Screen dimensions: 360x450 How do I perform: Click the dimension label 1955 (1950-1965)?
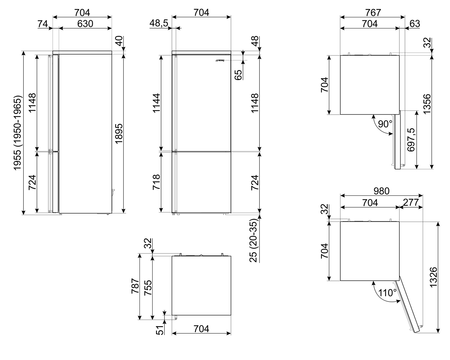pyautogui.click(x=17, y=133)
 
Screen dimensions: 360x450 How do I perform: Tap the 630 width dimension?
pyautogui.click(x=85, y=23)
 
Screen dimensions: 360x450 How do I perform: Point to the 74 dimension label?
pyautogui.click(x=43, y=23)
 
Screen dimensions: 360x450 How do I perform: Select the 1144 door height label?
pyautogui.click(x=156, y=103)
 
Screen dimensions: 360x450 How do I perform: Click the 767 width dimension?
pyautogui.click(x=373, y=13)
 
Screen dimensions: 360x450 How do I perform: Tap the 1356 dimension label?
pyautogui.click(x=427, y=103)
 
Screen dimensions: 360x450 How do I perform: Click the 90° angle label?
pyautogui.click(x=385, y=124)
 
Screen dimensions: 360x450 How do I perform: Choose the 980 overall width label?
pyautogui.click(x=381, y=191)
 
